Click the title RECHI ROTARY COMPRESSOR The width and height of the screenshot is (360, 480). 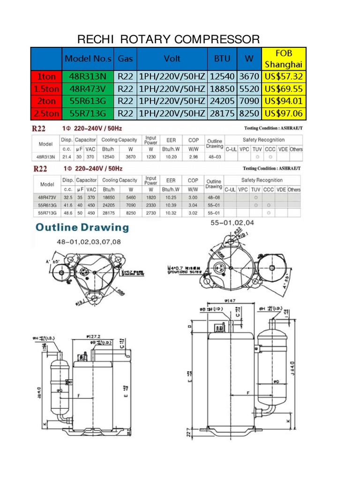(168, 38)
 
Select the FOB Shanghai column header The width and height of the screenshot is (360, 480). (284, 59)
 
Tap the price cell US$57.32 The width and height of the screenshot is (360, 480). (284, 76)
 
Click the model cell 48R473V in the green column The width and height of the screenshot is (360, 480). (88, 89)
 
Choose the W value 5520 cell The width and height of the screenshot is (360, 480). (248, 89)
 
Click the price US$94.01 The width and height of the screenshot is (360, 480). (284, 101)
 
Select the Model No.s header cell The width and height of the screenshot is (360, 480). (88, 59)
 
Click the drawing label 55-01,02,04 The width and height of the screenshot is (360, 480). (233, 223)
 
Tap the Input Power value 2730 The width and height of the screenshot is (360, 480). (150, 212)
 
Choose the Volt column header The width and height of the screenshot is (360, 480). (172, 59)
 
